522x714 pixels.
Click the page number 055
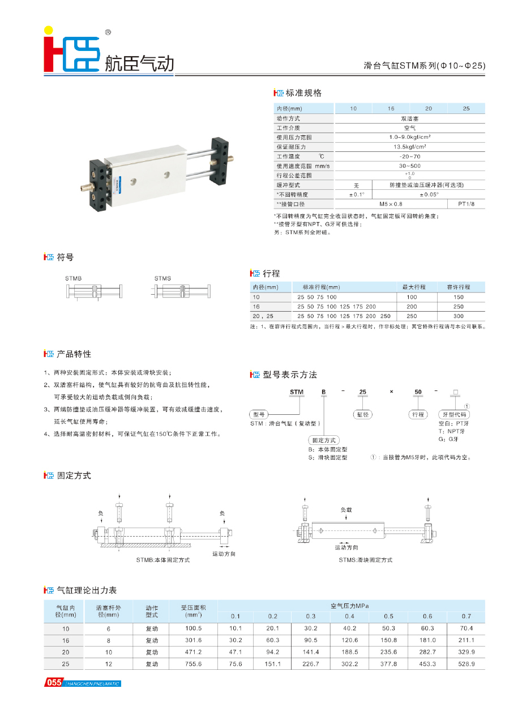[54, 683]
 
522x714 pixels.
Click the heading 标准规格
[303, 93]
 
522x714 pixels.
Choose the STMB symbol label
[73, 278]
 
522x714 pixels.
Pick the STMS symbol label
[162, 278]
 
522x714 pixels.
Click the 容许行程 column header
[458, 287]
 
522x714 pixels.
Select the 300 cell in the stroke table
[458, 316]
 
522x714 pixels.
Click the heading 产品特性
[74, 354]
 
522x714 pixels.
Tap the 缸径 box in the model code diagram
[362, 415]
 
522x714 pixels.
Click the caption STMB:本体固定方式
[162, 559]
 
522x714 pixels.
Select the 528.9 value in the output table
[466, 664]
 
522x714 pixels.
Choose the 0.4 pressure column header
[349, 616]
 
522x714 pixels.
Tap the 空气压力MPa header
[349, 605]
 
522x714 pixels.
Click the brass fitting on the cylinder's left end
[85, 185]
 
